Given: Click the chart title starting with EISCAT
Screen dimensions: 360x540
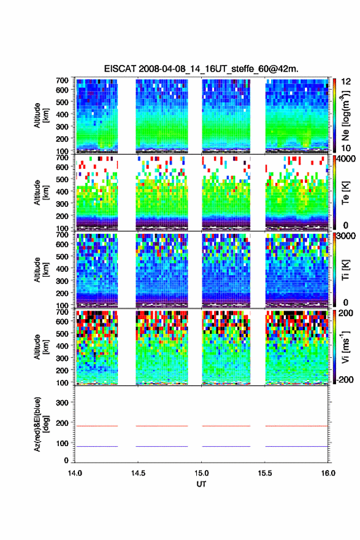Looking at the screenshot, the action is (x=201, y=69).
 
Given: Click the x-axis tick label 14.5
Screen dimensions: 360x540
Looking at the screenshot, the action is (x=138, y=473).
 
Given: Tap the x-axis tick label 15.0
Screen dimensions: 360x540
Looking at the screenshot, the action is (x=201, y=473).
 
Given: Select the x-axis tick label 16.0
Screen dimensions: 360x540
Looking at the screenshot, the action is (x=328, y=473).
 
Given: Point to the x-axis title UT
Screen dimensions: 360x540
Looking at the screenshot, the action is (x=201, y=484).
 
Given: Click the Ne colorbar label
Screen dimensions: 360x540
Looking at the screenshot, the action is (x=345, y=115).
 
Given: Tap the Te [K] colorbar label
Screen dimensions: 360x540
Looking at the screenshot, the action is (x=345, y=193).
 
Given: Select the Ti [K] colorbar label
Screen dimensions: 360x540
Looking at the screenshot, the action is (x=345, y=270).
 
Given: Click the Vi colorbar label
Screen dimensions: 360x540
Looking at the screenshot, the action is (x=345, y=347).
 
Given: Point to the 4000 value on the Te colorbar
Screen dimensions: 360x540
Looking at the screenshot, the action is (x=346, y=159).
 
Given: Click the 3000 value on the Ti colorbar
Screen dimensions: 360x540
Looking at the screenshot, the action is (x=346, y=236).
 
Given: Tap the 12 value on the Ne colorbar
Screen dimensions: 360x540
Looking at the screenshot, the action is (x=346, y=82).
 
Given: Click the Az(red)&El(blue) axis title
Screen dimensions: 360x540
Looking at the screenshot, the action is (x=40, y=424).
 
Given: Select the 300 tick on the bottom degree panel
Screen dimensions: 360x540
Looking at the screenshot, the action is (x=62, y=403).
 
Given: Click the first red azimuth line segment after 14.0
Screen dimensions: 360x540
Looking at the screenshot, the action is (x=97, y=426).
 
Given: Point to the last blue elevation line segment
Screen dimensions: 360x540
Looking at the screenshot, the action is (x=297, y=446).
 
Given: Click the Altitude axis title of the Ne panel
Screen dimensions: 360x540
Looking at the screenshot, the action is (x=40, y=115).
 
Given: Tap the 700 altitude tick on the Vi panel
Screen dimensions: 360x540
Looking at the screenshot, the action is (x=62, y=312).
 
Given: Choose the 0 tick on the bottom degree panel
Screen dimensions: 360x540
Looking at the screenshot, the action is (x=66, y=460).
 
